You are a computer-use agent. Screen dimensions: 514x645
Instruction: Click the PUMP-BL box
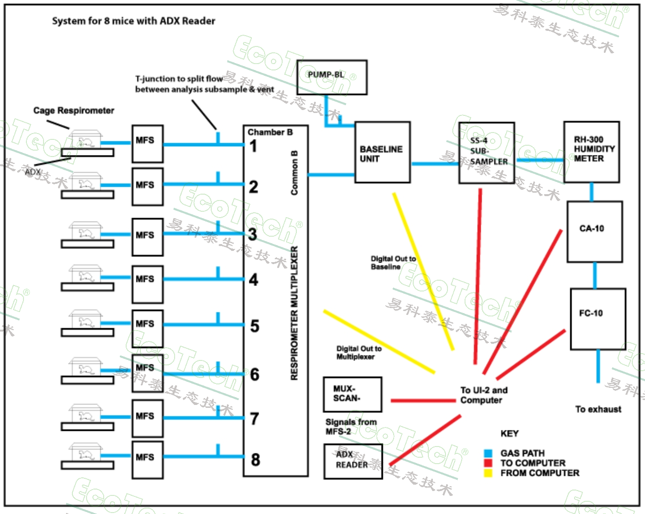tap(332, 77)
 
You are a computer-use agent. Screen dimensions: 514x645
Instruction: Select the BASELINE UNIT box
tap(382, 153)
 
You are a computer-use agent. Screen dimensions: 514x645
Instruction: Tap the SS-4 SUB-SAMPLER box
tap(487, 153)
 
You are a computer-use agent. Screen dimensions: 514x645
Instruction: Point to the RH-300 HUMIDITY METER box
tap(591, 152)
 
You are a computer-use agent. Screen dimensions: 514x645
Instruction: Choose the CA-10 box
tap(595, 231)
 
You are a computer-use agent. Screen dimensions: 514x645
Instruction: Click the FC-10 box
tap(598, 319)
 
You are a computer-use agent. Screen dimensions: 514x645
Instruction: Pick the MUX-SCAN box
tap(352, 394)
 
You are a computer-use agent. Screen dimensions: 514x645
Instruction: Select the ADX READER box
tap(353, 461)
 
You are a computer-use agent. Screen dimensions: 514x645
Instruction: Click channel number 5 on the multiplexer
tap(255, 326)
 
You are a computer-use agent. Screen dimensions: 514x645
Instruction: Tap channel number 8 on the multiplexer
tap(255, 460)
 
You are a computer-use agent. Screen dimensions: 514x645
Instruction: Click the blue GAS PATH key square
tap(488, 453)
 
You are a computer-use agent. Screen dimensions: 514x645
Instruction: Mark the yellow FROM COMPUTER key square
tap(488, 473)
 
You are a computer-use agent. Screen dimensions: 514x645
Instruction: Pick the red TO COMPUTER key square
tap(488, 463)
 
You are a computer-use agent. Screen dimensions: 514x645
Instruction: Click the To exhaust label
tap(598, 409)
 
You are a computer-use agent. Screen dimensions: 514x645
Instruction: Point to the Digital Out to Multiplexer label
tap(358, 353)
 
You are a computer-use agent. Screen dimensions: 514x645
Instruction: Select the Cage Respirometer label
tap(74, 111)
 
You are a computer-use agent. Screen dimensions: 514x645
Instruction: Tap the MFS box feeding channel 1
tap(147, 144)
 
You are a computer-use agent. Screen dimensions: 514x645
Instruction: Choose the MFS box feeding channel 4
tap(147, 284)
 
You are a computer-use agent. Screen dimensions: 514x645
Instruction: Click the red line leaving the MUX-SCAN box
tap(423, 401)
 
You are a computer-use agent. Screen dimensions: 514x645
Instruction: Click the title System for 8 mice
tap(133, 21)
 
